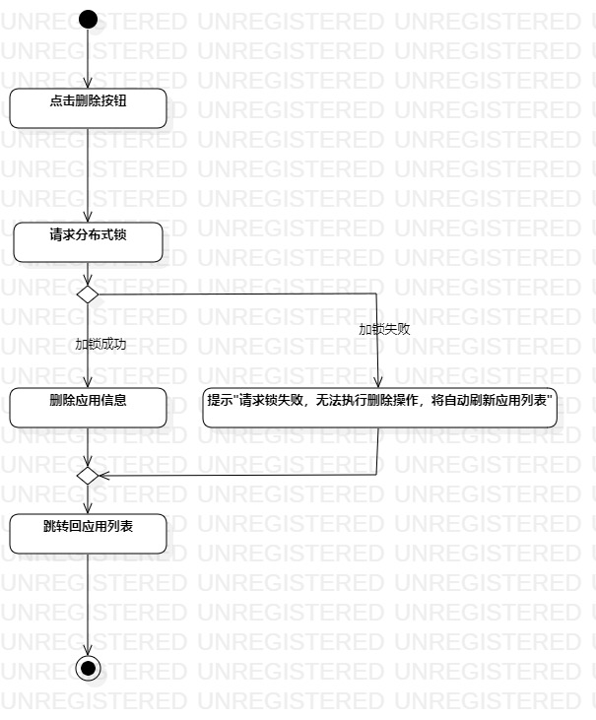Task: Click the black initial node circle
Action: click(88, 19)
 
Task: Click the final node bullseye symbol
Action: click(89, 668)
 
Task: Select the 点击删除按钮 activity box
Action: click(88, 107)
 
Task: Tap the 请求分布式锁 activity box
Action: click(88, 242)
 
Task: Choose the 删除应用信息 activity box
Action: click(88, 408)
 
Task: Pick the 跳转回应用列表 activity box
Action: click(88, 533)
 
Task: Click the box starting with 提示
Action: click(380, 408)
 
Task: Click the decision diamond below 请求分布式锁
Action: click(88, 294)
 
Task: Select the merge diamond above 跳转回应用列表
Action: click(88, 475)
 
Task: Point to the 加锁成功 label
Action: click(100, 345)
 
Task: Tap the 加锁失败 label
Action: click(384, 329)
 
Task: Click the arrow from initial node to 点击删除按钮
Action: click(88, 59)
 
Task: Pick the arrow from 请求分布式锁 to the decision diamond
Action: click(88, 273)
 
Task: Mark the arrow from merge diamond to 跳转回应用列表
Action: click(88, 498)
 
